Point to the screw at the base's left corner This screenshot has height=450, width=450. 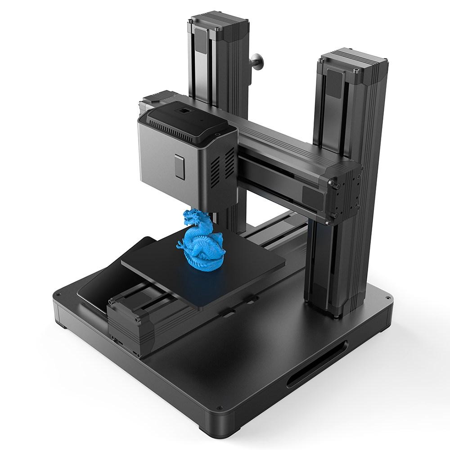tap(58, 295)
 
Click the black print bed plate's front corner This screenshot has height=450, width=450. tap(201, 308)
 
